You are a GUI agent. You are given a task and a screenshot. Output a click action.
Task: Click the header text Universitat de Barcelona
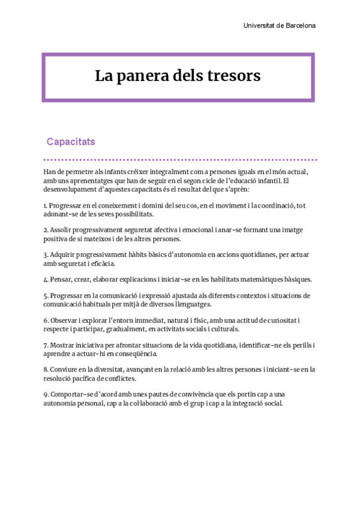click(x=279, y=26)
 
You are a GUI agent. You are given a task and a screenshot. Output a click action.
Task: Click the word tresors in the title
click(x=232, y=76)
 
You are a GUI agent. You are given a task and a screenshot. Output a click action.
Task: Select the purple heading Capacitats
click(x=71, y=142)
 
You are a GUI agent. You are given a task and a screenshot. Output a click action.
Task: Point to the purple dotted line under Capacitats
click(x=180, y=160)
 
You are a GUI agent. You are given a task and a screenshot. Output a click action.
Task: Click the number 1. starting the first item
click(x=46, y=205)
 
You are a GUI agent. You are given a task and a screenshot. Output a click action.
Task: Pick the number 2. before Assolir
click(x=46, y=230)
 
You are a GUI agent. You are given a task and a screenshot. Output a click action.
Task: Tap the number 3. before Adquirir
click(x=46, y=254)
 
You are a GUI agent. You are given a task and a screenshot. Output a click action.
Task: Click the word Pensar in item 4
click(x=61, y=279)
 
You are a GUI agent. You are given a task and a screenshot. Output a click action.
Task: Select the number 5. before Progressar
click(x=46, y=296)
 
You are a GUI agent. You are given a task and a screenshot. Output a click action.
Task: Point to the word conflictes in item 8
click(x=118, y=378)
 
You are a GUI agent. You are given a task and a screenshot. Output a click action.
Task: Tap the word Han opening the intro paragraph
click(x=50, y=172)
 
